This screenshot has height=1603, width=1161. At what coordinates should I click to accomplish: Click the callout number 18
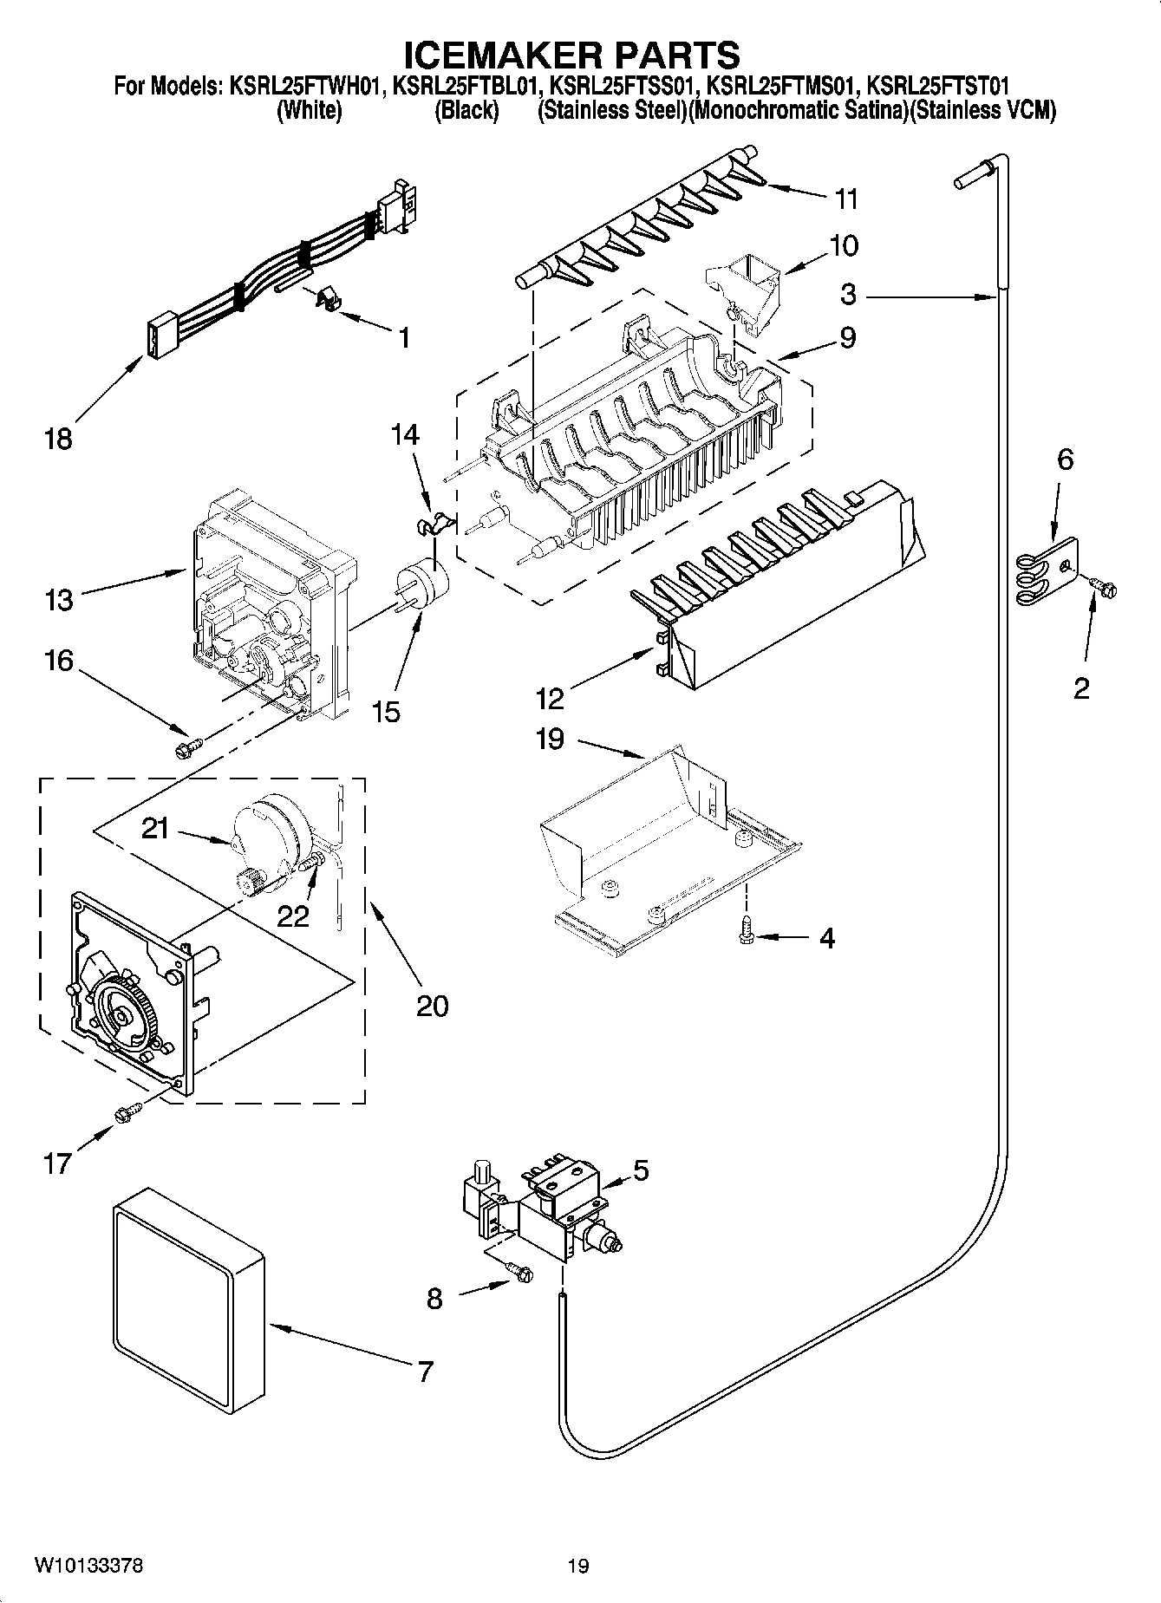[59, 440]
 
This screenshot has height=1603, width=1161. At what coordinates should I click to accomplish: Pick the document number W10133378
[89, 1566]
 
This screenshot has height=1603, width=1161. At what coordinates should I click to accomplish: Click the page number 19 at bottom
[578, 1566]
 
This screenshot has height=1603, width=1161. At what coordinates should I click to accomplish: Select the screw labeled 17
[127, 1111]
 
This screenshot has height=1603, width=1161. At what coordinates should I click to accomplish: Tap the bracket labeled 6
[1047, 571]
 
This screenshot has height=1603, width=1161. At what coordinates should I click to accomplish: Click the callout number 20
[432, 1006]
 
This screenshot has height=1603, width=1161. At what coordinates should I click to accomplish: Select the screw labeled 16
[187, 746]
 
